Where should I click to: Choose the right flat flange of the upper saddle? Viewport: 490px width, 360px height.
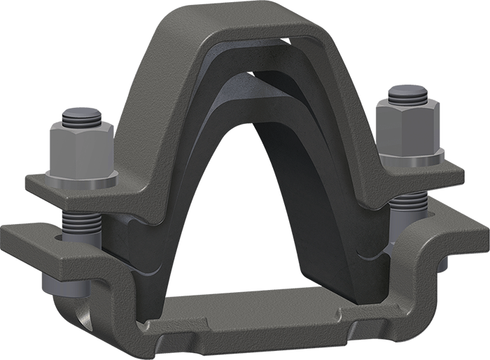click(427, 175)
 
